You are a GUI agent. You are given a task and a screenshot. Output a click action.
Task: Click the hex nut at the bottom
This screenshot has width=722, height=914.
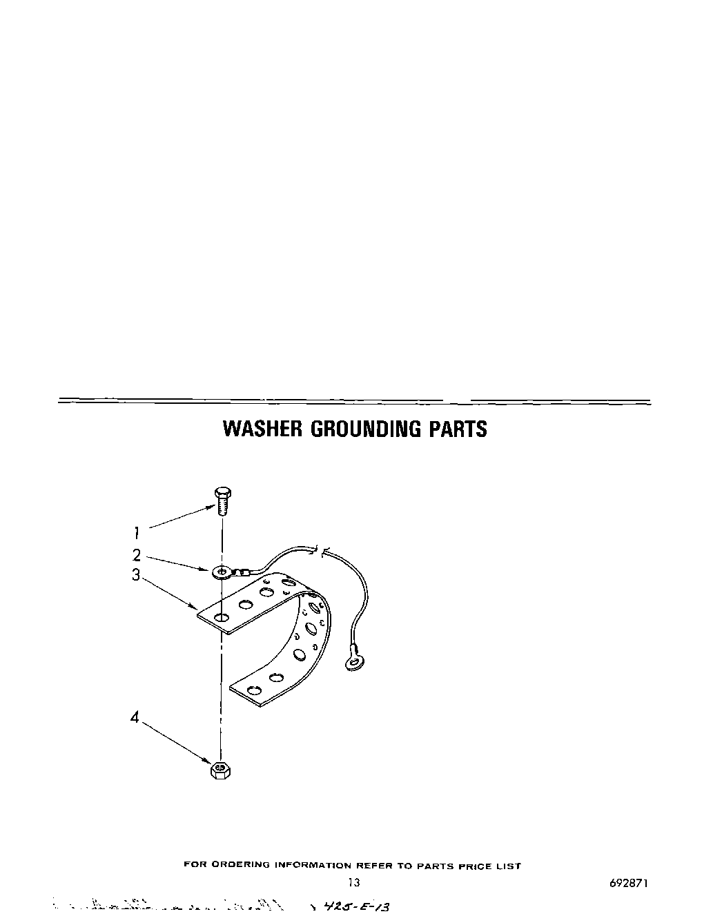[x=220, y=770]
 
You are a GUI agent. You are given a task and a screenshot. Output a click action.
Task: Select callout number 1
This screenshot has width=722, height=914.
[x=137, y=532]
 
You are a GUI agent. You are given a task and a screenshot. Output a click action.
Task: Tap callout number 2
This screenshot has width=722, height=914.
[x=137, y=555]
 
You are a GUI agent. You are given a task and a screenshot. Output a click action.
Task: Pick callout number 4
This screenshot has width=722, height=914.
[x=135, y=717]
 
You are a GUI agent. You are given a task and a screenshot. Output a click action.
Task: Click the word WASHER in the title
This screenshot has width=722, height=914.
[x=262, y=429]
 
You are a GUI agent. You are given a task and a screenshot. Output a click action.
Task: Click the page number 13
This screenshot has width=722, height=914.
[x=353, y=882]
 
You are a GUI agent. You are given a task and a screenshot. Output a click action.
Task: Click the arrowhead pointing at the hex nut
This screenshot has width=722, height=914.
[x=208, y=759]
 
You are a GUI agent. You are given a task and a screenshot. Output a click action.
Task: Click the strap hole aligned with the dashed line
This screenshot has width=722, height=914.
[x=221, y=616]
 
